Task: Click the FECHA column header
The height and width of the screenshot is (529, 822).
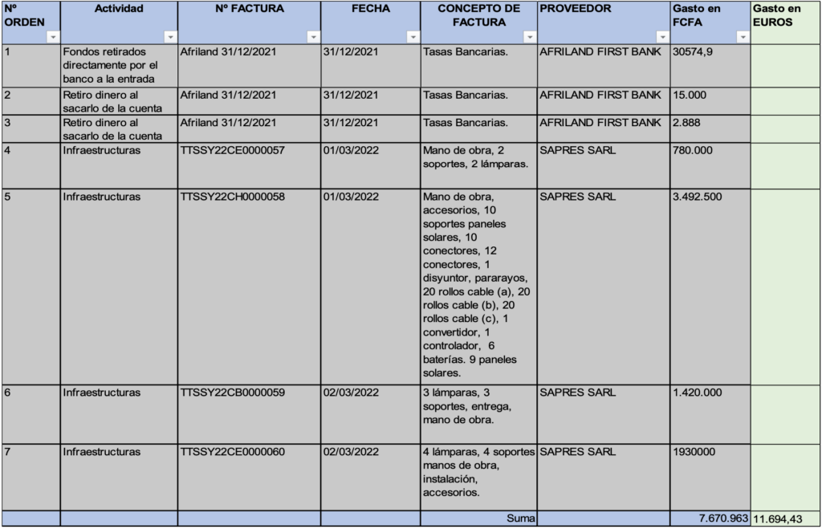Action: click(x=370, y=9)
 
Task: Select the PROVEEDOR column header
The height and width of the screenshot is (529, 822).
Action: click(x=576, y=9)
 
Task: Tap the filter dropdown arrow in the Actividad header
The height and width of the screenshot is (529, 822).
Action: click(x=170, y=37)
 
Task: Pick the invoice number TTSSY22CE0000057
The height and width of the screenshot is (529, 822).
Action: click(x=233, y=150)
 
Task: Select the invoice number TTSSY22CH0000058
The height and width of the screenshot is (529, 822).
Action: click(x=233, y=197)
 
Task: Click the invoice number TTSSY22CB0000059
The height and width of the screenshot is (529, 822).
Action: click(x=233, y=393)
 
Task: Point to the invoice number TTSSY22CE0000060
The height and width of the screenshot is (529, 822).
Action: click(x=233, y=452)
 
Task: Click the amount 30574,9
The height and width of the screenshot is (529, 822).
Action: click(x=693, y=51)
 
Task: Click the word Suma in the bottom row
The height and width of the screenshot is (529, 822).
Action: click(x=520, y=519)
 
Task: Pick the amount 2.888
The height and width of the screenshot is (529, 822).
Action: click(x=688, y=123)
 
